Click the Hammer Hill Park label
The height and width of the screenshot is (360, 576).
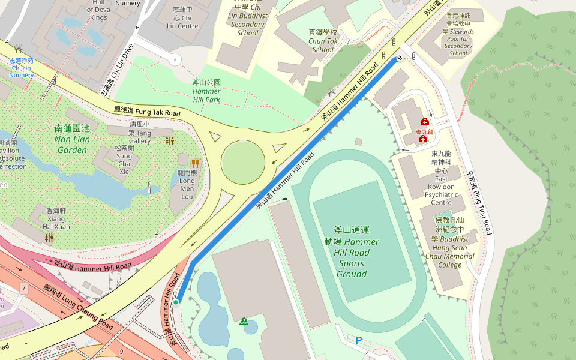[x=206, y=91]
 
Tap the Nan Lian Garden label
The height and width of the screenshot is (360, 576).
[x=72, y=139]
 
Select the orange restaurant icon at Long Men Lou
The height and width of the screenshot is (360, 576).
[x=195, y=163]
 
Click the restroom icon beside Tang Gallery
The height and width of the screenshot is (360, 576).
[x=170, y=141]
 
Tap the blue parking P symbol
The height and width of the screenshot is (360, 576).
[x=359, y=341]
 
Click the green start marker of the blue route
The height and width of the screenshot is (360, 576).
[x=176, y=302]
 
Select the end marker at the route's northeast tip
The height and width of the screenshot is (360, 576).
[x=397, y=59]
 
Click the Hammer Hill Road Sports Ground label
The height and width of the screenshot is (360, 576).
[x=352, y=251]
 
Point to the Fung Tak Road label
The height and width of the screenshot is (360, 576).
[x=147, y=112]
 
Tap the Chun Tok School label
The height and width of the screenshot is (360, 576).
[x=323, y=41]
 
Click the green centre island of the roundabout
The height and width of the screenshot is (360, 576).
[x=243, y=162]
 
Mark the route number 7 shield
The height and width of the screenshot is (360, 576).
[x=23, y=289]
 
